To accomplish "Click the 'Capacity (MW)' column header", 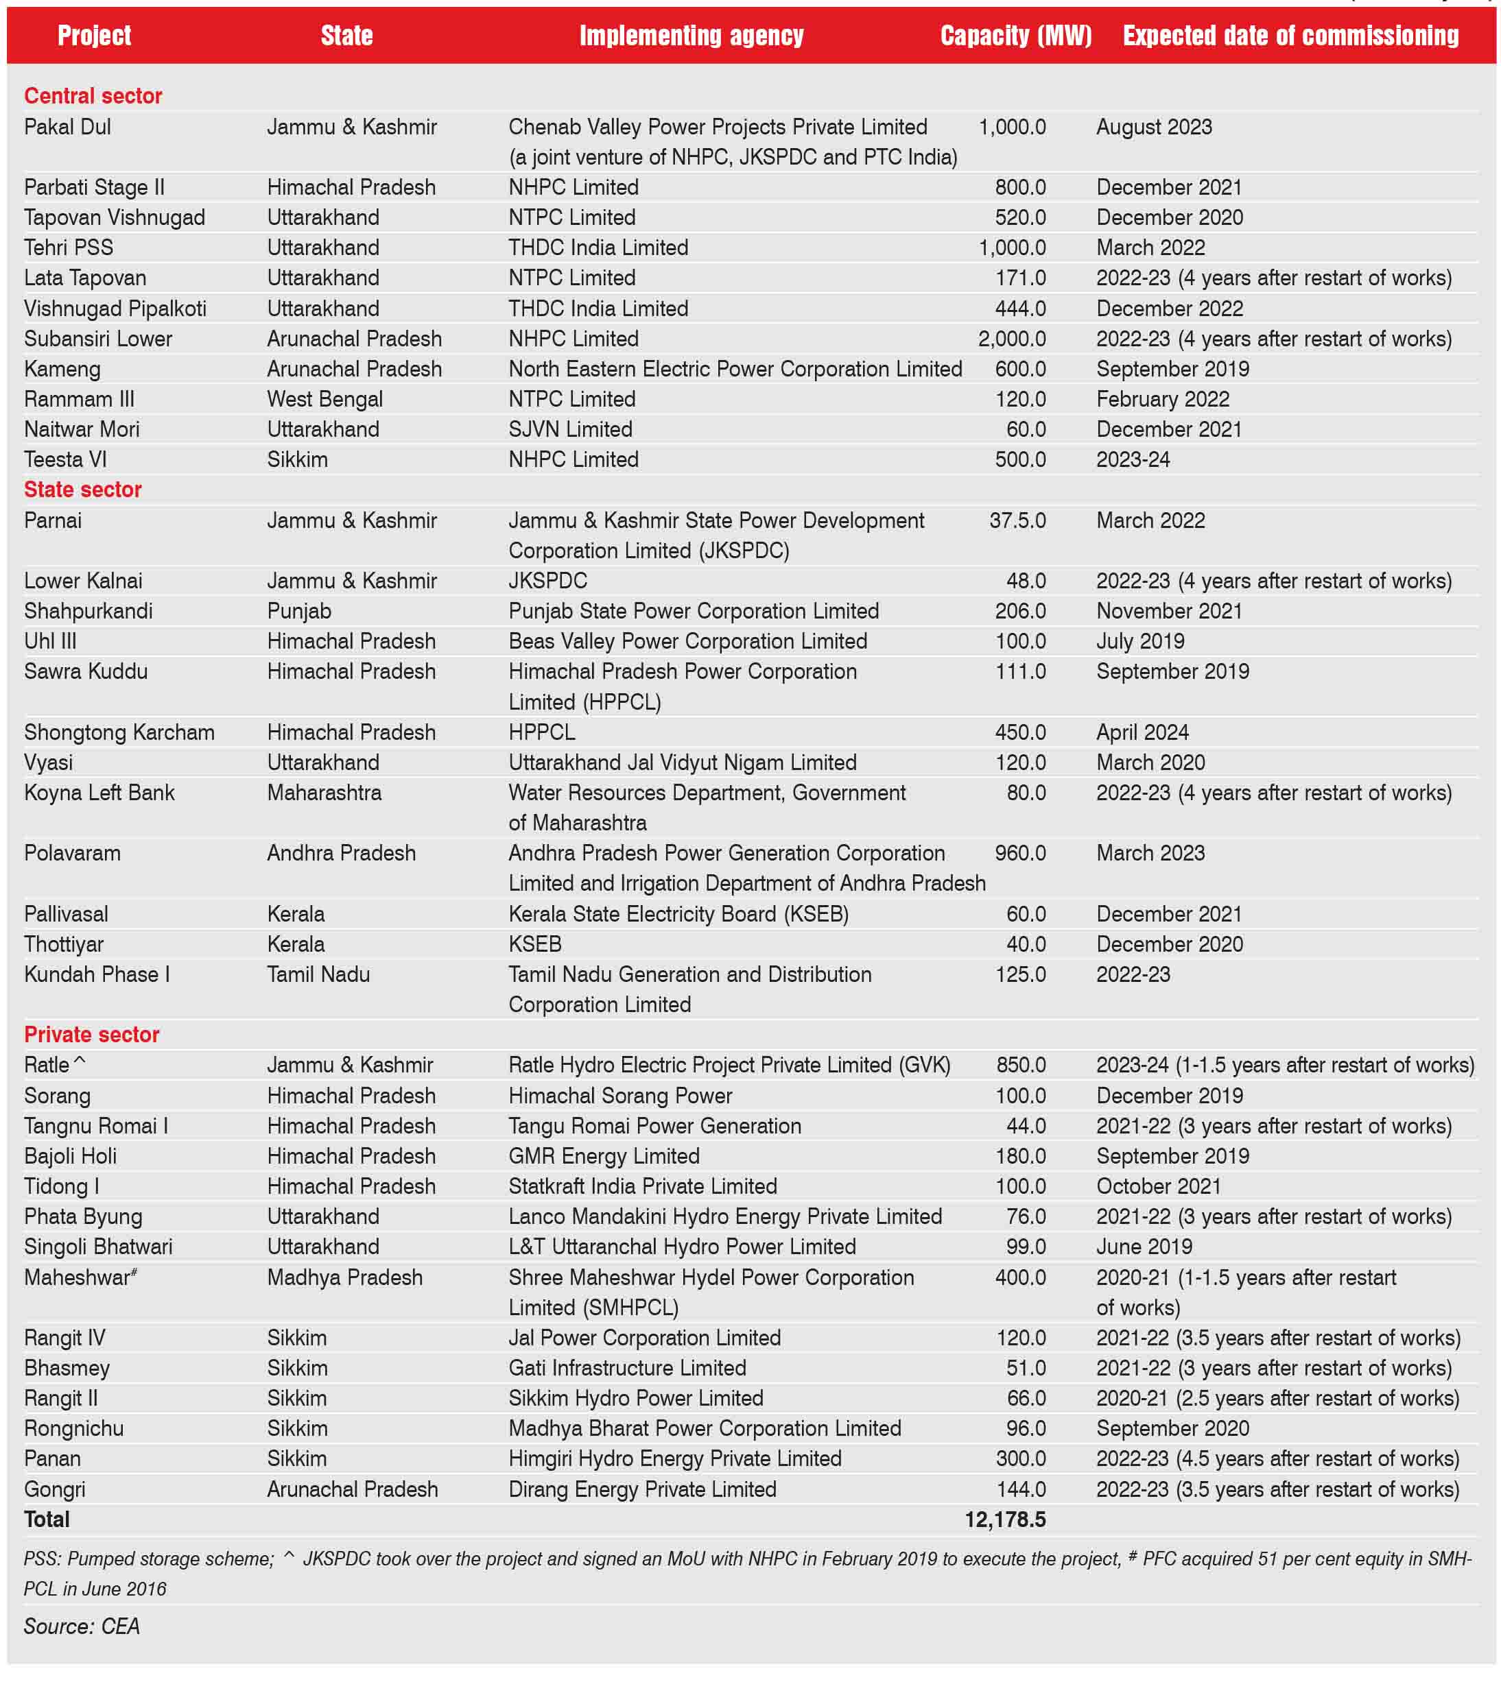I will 1015,36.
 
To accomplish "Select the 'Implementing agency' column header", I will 691,36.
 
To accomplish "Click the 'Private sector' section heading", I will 91,1034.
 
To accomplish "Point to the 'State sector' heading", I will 82,489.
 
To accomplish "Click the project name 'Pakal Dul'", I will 68,127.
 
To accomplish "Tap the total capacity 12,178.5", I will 1004,1519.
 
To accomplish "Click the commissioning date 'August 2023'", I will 1154,127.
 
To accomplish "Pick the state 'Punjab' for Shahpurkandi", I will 299,611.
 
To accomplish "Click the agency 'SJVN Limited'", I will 570,429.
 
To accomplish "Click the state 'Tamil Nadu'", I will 318,974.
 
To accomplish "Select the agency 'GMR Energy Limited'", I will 604,1156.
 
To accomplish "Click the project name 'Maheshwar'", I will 78,1277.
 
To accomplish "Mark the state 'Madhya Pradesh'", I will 345,1277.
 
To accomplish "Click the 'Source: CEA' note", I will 82,1625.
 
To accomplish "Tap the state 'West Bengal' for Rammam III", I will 325,399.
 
